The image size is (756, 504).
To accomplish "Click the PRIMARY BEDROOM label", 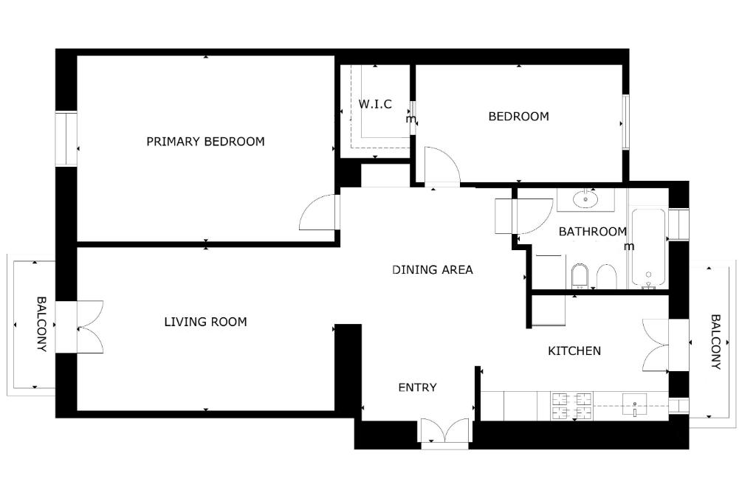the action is pos(205,142).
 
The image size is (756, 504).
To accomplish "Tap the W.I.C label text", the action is pos(375,104).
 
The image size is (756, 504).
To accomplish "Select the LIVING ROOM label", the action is pos(205,322).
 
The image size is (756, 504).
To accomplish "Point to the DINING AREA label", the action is pos(433,270).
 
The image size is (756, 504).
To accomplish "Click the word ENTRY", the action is pos(418,387).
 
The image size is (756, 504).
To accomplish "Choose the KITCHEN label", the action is pos(574,351).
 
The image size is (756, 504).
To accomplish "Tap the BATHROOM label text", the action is pos(593,231).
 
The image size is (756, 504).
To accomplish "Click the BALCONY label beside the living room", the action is pos(42,324).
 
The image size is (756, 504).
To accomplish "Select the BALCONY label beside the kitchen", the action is pos(715,342).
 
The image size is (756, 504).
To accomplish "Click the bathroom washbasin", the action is pos(585,199).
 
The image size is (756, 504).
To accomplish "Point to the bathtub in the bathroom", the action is pos(648,248).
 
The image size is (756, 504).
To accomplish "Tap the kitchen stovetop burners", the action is pos(572,406).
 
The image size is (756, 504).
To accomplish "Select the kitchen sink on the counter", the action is pos(634,404).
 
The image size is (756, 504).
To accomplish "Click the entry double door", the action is pos(444,430).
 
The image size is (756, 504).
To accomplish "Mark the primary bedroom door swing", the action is pos(319,213).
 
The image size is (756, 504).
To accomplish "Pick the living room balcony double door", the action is pos(90,327).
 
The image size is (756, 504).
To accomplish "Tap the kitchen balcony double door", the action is pos(656,345).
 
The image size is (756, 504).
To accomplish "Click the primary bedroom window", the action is pos(66,139).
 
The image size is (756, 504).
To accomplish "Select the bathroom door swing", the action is pos(534,216).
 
